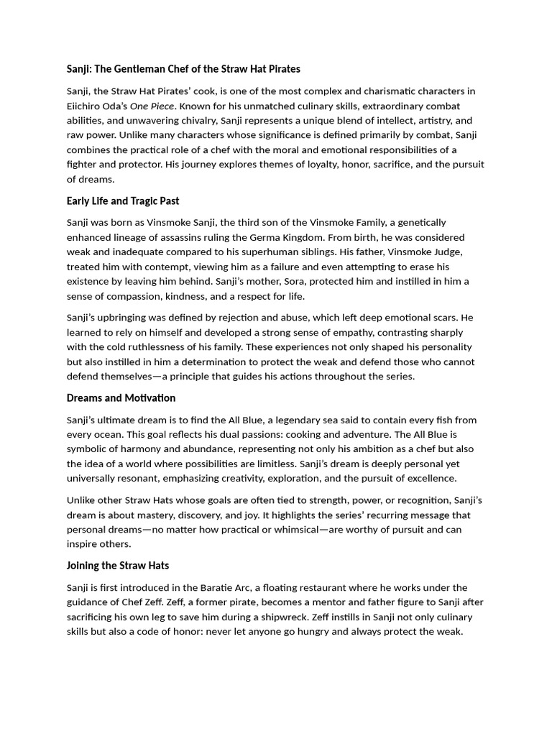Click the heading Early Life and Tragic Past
tap(123, 201)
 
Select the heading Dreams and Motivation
tap(121, 397)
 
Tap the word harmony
tap(147, 449)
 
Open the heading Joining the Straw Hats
tap(118, 566)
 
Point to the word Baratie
tap(234, 588)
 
